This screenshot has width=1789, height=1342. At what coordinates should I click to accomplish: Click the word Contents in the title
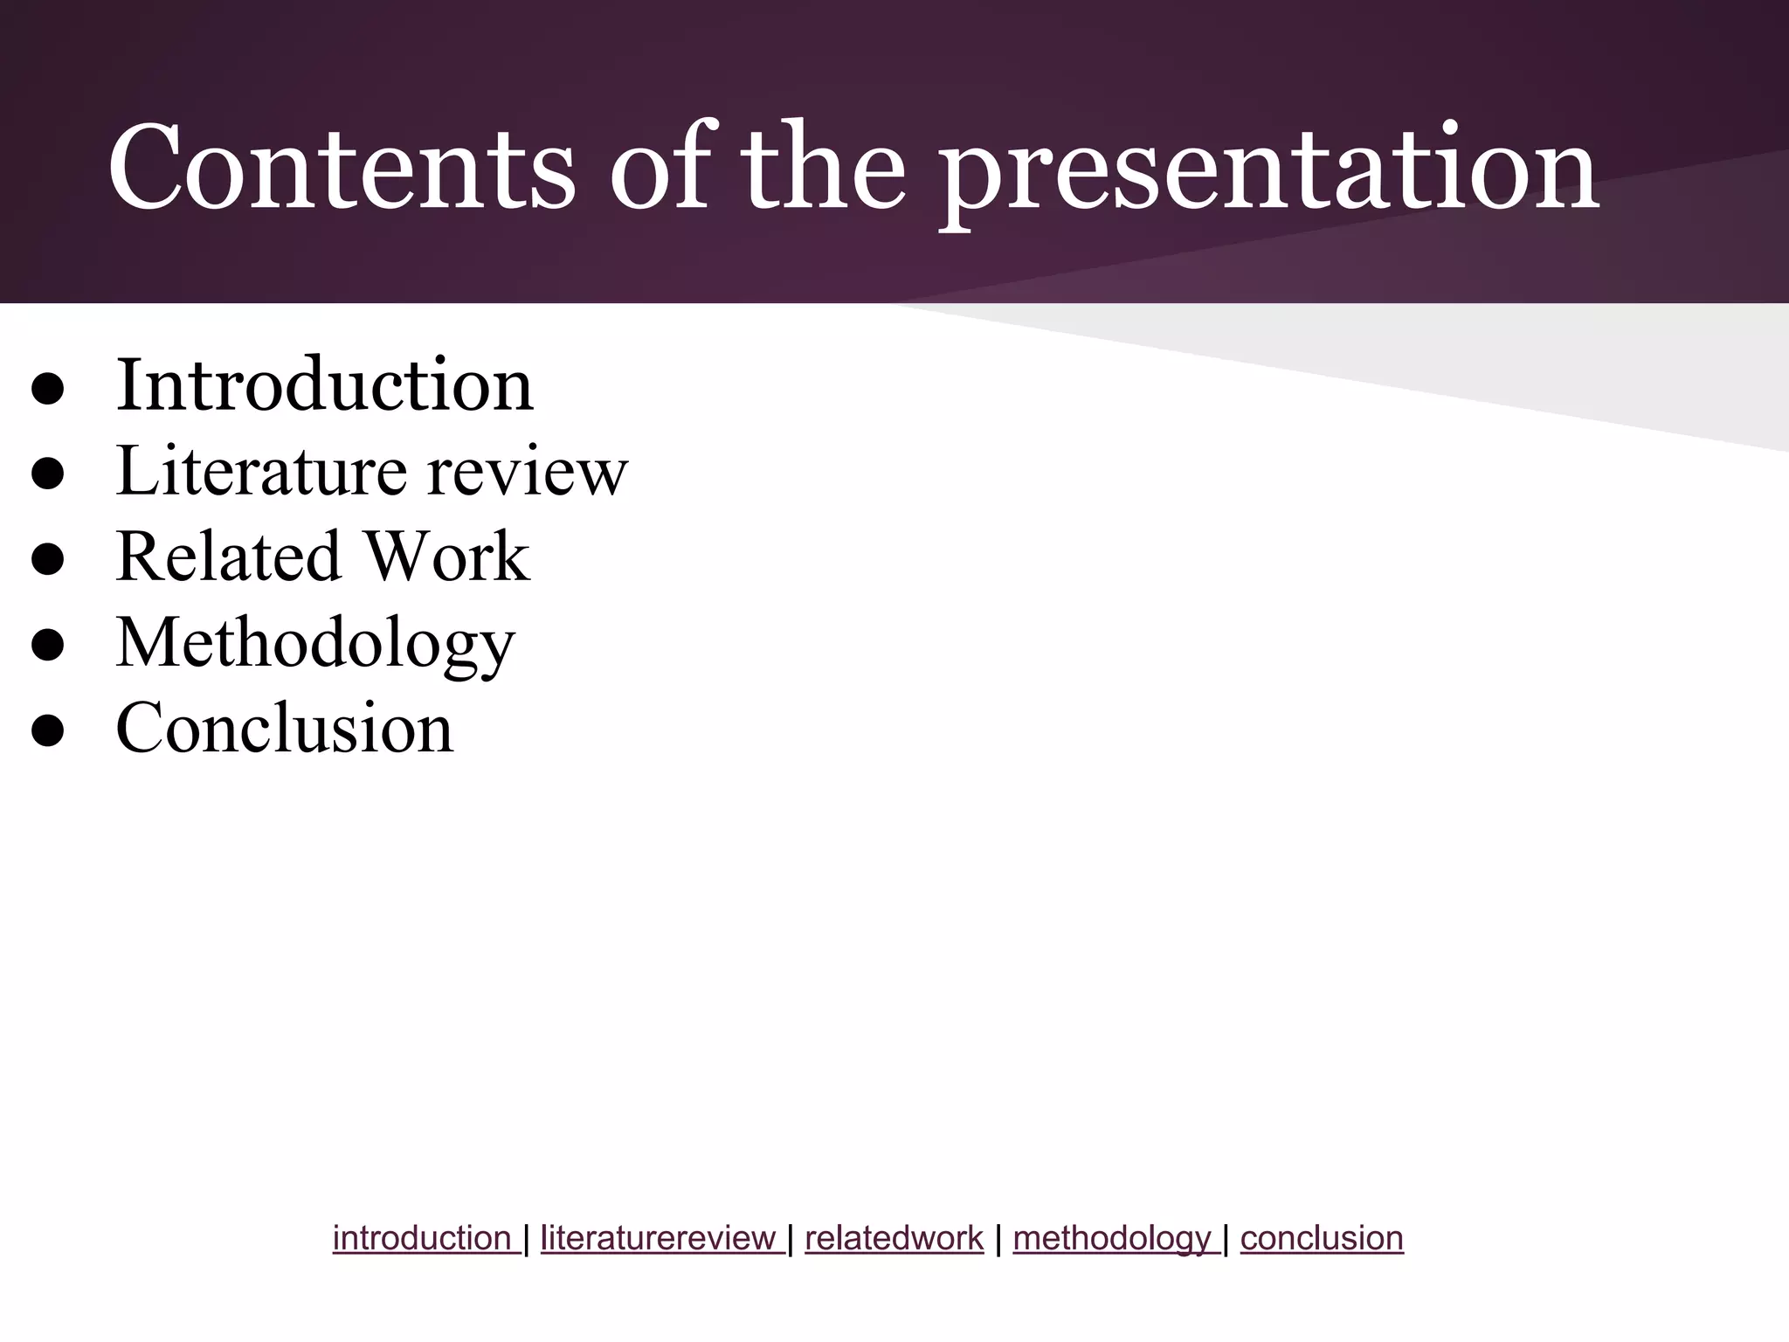(341, 168)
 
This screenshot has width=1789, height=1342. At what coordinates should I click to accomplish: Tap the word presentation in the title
(1271, 170)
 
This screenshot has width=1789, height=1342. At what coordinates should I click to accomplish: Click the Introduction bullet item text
(324, 385)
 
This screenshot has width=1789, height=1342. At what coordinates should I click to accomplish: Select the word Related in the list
(228, 557)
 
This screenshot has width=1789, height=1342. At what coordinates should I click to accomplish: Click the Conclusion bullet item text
(285, 728)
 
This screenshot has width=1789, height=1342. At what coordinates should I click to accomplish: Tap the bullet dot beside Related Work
(48, 560)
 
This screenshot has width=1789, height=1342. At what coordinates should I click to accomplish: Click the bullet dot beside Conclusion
(48, 731)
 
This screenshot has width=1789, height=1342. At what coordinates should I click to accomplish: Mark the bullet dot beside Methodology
(48, 646)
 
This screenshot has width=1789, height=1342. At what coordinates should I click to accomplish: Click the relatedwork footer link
(894, 1238)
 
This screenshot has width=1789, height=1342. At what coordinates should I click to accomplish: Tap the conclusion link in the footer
(1322, 1238)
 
